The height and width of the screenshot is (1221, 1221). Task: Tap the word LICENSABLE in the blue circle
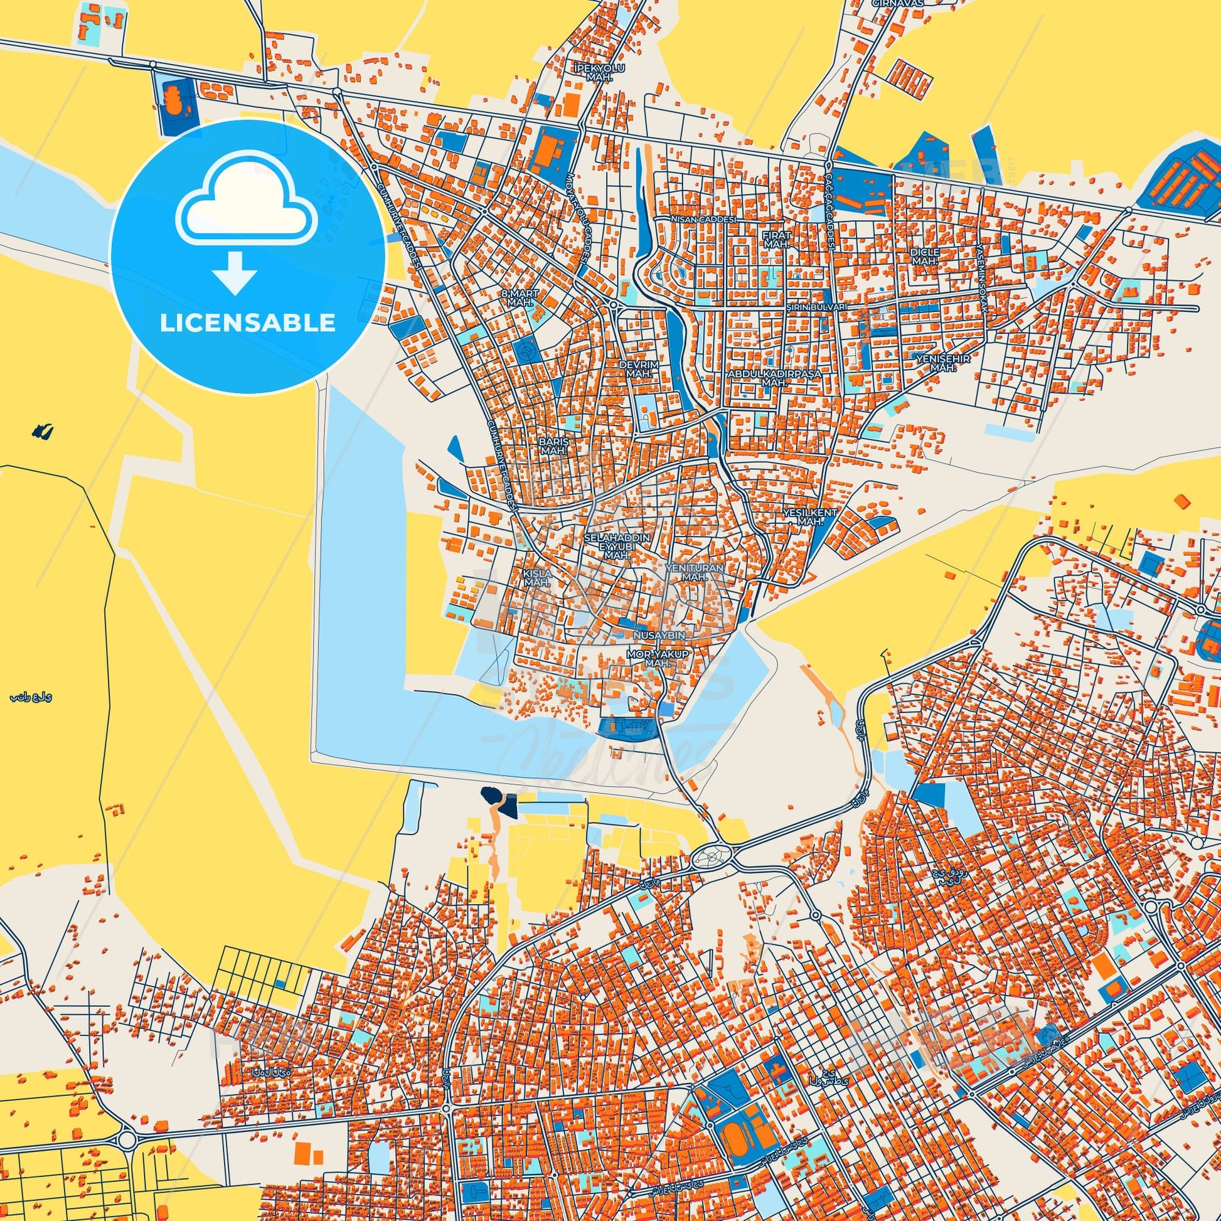click(x=247, y=323)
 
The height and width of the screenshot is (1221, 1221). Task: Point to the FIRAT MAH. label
click(x=776, y=238)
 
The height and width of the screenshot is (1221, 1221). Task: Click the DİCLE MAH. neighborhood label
click(x=925, y=255)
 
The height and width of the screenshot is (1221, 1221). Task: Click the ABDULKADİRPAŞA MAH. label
click(x=775, y=378)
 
